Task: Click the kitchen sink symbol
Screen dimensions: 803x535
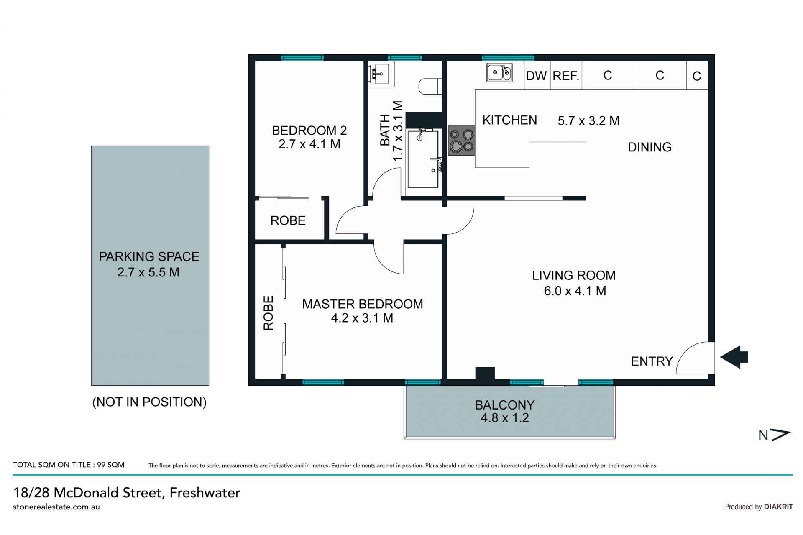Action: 499,72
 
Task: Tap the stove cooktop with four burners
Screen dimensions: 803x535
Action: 462,141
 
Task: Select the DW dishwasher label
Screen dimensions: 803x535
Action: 536,76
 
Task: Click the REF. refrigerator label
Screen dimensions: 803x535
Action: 565,76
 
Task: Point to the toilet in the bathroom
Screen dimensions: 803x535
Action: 430,86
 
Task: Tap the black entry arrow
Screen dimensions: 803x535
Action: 734,357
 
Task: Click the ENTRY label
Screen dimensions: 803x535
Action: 652,361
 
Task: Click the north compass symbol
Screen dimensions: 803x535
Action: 775,435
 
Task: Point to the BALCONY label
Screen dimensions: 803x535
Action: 505,405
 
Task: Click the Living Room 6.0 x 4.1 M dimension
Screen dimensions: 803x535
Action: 575,291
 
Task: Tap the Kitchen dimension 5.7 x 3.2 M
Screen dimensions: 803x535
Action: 588,121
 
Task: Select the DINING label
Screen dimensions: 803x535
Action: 650,147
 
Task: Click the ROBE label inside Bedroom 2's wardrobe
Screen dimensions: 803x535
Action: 288,220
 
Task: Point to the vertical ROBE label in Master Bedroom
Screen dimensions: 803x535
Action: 268,313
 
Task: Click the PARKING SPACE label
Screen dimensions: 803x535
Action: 149,256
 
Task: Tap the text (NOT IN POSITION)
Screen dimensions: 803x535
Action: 149,402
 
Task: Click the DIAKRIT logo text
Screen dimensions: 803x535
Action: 778,507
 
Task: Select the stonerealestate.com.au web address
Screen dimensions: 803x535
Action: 56,507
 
